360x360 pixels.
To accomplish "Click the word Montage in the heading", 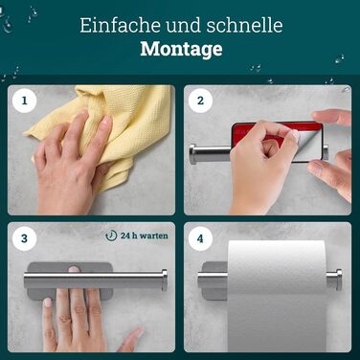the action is [181, 49].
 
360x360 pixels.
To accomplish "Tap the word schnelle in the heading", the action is [244, 26].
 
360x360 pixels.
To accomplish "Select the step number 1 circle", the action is [24, 101].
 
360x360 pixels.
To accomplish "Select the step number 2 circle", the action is [200, 101].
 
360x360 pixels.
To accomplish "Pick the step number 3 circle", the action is [24, 238].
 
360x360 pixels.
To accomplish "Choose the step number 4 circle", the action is [200, 238].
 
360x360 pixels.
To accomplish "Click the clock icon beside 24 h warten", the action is [111, 236].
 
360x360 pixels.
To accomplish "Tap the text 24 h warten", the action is [145, 236].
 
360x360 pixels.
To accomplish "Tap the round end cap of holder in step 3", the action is [165, 280].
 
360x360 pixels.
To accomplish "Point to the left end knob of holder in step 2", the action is [193, 154].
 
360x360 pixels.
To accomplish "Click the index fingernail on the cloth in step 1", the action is [107, 121].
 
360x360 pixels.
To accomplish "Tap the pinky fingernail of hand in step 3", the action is [47, 302].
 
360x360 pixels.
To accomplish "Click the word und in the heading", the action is [184, 26].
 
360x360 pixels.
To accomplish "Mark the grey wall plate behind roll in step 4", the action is [214, 281].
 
